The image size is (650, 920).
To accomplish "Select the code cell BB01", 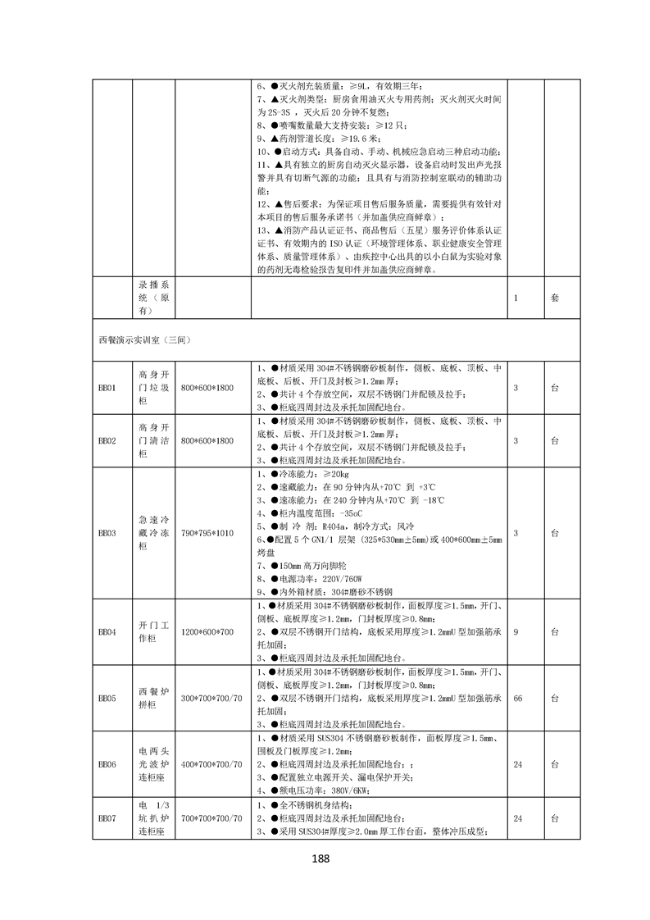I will pyautogui.click(x=107, y=387).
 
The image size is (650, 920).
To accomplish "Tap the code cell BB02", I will pyautogui.click(x=107, y=440).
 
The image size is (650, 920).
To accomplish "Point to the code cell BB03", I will pyautogui.click(x=107, y=533).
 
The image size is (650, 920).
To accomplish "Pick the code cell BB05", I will pyautogui.click(x=107, y=699).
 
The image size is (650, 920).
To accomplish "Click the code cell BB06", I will pyautogui.click(x=107, y=764).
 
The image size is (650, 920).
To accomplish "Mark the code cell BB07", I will pyautogui.click(x=107, y=818).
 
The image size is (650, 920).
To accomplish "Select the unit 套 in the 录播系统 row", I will pyautogui.click(x=554, y=298).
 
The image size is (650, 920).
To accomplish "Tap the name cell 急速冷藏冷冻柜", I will pyautogui.click(x=153, y=533).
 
